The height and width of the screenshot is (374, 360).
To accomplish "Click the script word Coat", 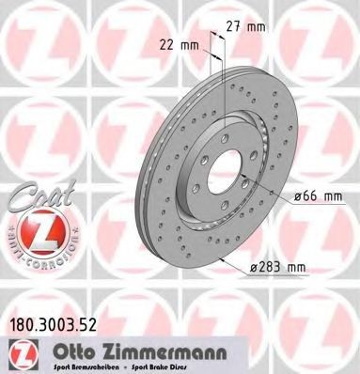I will click(x=30, y=198).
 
